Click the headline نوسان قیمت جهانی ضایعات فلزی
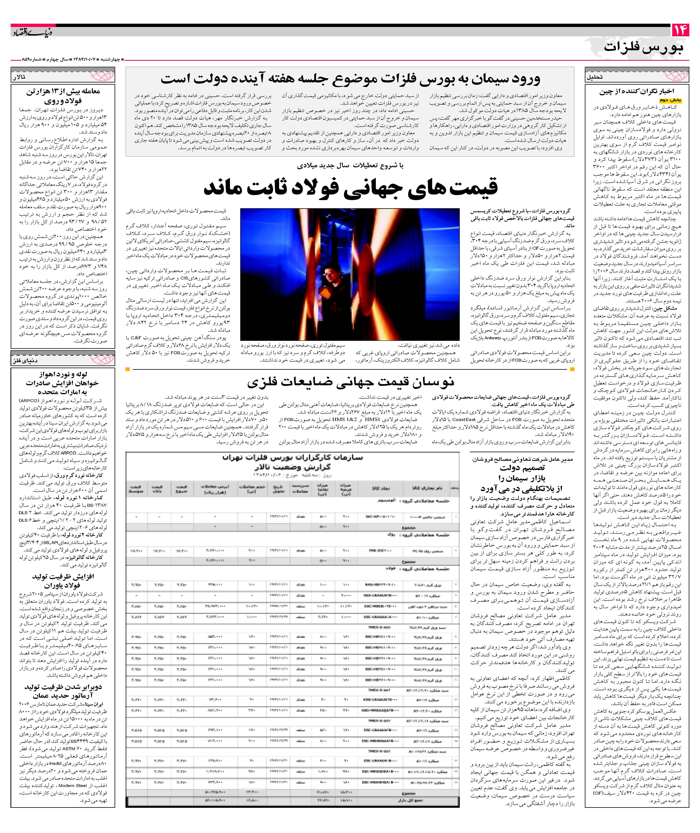tap(350, 382)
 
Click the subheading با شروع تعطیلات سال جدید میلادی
tap(350, 165)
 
